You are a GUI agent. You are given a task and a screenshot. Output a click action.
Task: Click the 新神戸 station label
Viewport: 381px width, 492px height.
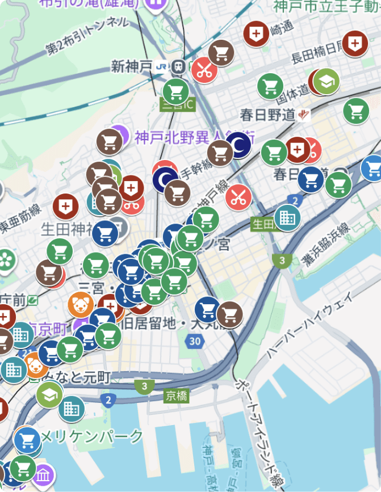132,66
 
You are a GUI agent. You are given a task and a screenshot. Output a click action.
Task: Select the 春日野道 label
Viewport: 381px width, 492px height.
267,115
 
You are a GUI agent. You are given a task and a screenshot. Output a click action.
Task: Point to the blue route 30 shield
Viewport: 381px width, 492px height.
195,341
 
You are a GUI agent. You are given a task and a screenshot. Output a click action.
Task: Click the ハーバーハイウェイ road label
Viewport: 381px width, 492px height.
309,326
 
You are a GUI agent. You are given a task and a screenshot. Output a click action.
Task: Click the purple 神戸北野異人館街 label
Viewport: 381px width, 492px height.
193,136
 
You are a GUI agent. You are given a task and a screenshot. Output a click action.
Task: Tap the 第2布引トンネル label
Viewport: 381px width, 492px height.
86,36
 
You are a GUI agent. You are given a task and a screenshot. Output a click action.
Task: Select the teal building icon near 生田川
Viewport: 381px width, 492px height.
287,217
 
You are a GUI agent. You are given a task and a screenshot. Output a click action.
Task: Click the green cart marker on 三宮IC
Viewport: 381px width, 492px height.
175,91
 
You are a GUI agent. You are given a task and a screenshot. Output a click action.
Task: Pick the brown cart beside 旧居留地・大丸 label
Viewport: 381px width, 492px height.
229,314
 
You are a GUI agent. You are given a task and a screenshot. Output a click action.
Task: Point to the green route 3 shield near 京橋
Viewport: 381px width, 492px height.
145,387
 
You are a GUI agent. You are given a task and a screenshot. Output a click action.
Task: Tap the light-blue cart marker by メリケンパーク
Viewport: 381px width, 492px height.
27,440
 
